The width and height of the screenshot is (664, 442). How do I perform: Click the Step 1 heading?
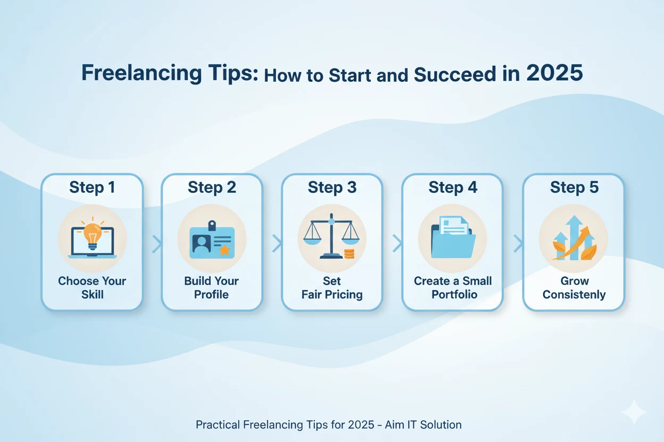[x=92, y=188]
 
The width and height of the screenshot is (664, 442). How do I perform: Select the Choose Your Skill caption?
[x=92, y=287]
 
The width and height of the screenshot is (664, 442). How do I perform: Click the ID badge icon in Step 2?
[x=211, y=240]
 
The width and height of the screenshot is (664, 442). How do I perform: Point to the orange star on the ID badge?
[x=225, y=249]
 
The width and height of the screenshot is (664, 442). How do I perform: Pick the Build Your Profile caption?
[x=211, y=287]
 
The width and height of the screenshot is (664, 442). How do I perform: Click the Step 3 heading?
[x=331, y=188]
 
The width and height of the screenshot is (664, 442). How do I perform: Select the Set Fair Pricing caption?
[x=332, y=287]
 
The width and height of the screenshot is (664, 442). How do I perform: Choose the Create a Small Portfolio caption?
[x=453, y=287]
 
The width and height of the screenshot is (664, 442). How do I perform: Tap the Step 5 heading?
[x=574, y=188]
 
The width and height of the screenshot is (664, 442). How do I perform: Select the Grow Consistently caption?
[x=574, y=287]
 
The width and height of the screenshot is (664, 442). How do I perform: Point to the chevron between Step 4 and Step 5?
[x=517, y=244]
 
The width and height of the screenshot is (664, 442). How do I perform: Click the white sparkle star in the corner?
[x=634, y=413]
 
